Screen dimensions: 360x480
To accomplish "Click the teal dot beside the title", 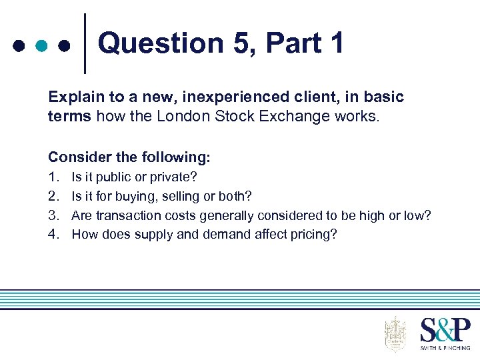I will (x=41, y=47).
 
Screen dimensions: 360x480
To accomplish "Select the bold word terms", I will (x=70, y=117).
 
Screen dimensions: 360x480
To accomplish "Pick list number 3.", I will (x=53, y=215).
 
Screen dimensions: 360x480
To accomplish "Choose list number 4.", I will (x=53, y=234).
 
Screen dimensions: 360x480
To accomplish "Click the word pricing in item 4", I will (x=313, y=234).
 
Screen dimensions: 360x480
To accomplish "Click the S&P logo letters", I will (x=445, y=331).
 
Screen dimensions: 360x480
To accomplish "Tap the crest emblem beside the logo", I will (x=396, y=334).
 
